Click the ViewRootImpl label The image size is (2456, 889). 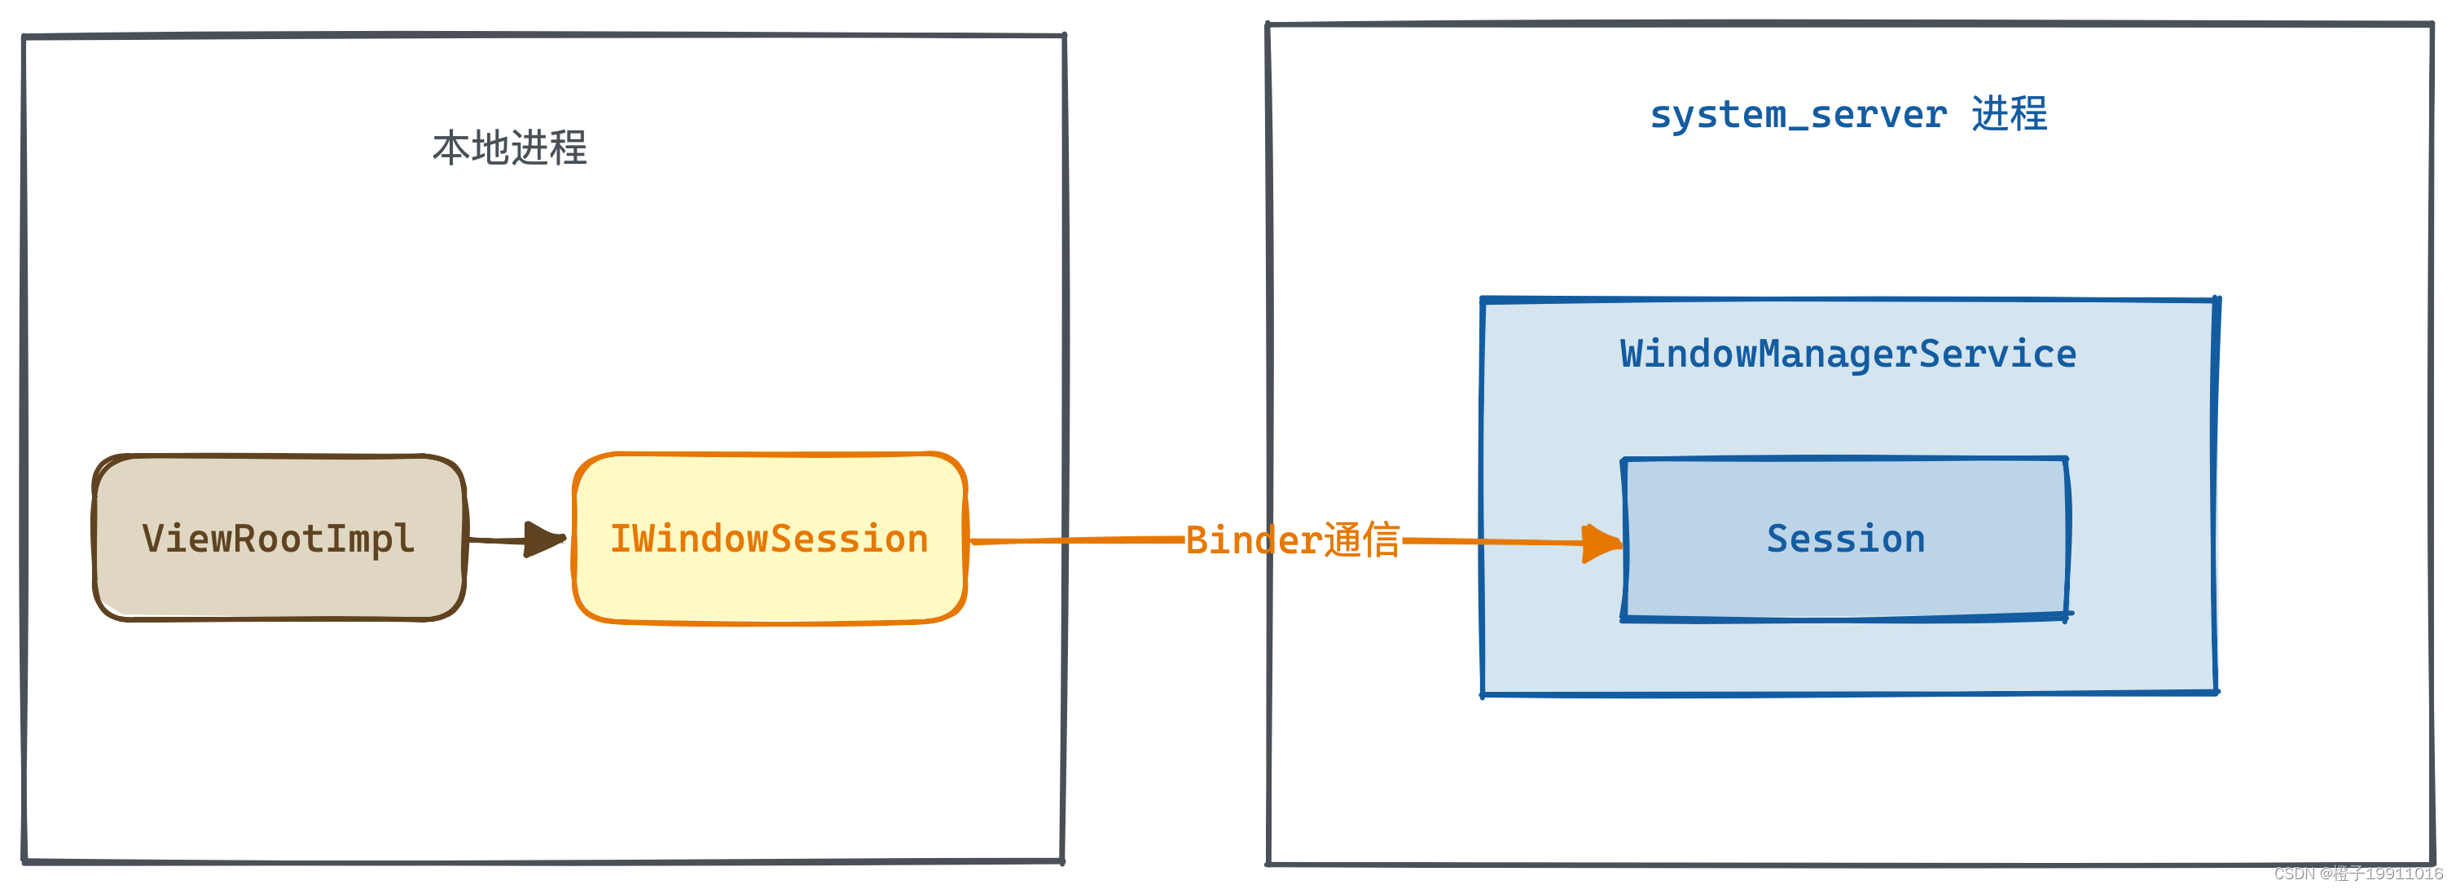[279, 539]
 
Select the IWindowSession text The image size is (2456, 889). [768, 539]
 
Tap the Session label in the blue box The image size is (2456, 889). [1846, 539]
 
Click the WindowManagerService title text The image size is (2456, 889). [1847, 354]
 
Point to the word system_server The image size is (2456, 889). [1798, 114]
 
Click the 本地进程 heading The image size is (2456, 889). [509, 147]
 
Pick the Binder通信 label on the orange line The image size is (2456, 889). [1292, 540]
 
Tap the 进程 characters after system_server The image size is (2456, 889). [2009, 113]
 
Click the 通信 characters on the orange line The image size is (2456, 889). [1361, 540]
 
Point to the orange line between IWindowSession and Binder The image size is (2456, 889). [1078, 540]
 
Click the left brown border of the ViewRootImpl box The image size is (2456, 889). [94, 539]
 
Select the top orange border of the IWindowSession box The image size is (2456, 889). [768, 455]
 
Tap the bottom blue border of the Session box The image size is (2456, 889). [1846, 619]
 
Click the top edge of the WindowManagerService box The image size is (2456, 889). [1847, 301]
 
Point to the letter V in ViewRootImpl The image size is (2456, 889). [152, 539]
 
